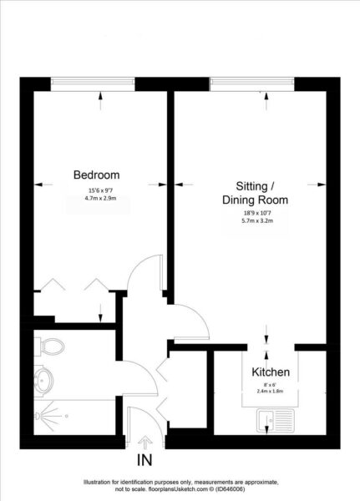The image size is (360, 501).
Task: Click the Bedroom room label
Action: [x=97, y=175]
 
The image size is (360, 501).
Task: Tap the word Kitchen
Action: [x=271, y=372]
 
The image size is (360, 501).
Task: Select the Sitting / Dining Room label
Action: [x=255, y=193]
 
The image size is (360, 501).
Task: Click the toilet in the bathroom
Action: [x=50, y=347]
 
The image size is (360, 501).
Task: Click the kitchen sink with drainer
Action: [x=276, y=421]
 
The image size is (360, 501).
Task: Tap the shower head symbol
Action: [x=37, y=416]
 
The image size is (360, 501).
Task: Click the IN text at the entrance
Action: [x=145, y=460]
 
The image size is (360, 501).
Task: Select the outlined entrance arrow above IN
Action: [x=145, y=443]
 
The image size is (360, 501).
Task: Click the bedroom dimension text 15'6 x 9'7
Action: [x=100, y=190]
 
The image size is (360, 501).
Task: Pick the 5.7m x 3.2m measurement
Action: [x=257, y=220]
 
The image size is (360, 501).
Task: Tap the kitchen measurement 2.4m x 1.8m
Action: [x=270, y=391]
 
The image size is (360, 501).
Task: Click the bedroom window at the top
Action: [x=93, y=84]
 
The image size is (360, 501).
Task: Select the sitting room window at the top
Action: [x=252, y=84]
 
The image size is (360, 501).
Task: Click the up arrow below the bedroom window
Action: [x=101, y=101]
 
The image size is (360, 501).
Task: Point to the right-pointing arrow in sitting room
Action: [x=317, y=185]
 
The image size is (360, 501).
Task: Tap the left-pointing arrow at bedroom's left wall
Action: [x=43, y=185]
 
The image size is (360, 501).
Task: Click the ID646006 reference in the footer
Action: [x=231, y=489]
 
